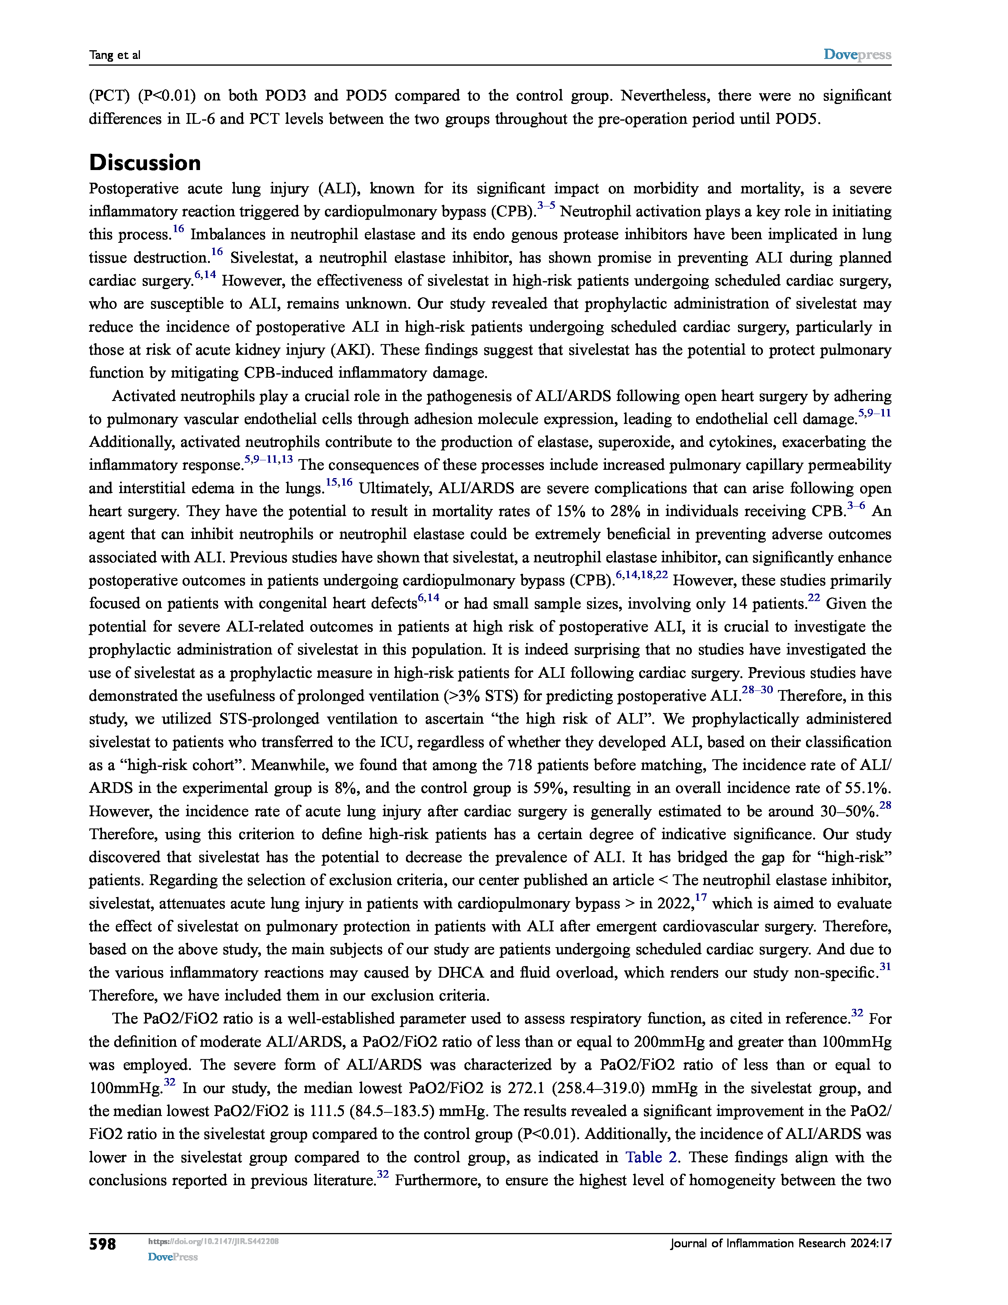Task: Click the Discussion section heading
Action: point(145,163)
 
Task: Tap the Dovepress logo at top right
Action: point(857,55)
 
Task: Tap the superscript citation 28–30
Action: point(757,690)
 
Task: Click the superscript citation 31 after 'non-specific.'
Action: point(885,967)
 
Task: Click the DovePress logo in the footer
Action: point(173,1257)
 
